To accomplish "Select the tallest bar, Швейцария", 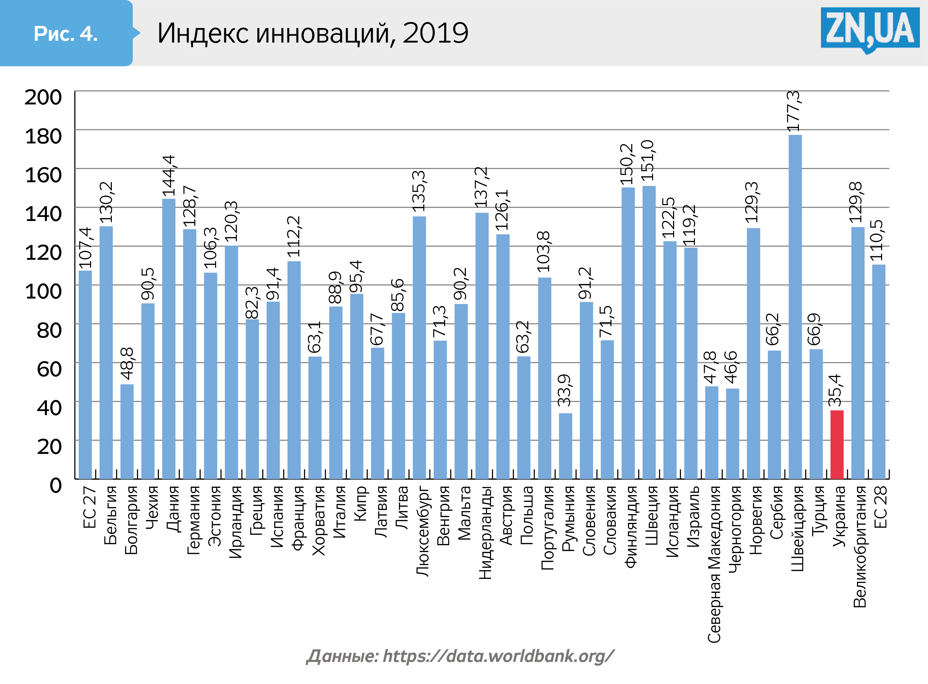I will [795, 306].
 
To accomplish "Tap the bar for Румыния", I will [566, 446].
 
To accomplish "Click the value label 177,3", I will [794, 111].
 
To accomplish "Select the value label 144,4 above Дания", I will [169, 176].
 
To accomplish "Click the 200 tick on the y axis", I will [43, 97].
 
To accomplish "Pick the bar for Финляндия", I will [628, 333].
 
